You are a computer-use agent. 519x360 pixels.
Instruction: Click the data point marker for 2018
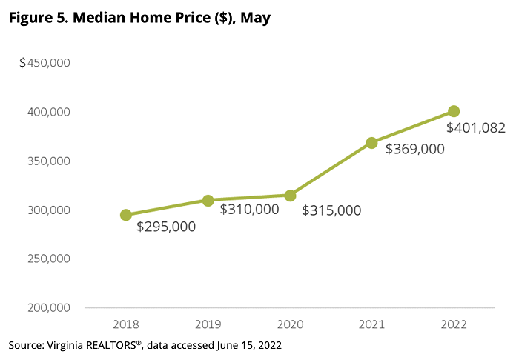(126, 215)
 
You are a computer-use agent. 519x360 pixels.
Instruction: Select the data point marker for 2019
(208, 201)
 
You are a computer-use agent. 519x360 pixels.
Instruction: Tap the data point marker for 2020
(290, 196)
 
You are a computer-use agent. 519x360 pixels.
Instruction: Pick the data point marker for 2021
(372, 143)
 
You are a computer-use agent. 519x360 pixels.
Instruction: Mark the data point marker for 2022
(454, 111)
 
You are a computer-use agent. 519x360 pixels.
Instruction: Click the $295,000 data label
(166, 227)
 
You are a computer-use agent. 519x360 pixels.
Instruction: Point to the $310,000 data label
(249, 210)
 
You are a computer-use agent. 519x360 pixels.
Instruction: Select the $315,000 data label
(331, 210)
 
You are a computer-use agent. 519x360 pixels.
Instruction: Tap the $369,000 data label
(414, 149)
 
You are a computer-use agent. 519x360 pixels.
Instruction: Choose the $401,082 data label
(475, 128)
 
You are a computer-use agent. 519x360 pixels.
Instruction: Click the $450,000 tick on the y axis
(44, 63)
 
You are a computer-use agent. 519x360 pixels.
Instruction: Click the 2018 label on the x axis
(126, 324)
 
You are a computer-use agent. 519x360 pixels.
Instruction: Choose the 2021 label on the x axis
(372, 324)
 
